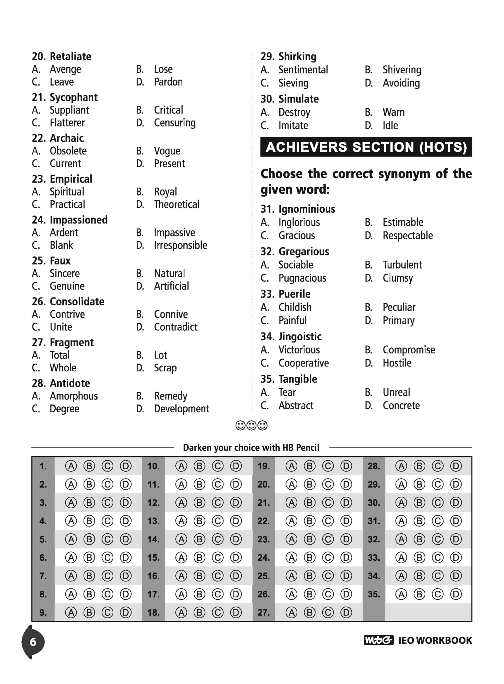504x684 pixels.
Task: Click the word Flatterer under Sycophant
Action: click(x=67, y=123)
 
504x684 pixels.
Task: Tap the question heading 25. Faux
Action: click(x=51, y=261)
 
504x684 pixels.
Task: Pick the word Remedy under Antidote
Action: click(x=171, y=396)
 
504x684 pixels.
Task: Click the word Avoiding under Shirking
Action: click(x=401, y=83)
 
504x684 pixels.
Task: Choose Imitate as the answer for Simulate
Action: click(x=293, y=126)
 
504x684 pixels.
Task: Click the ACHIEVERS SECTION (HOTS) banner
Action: click(x=366, y=147)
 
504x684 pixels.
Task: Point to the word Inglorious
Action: click(x=299, y=223)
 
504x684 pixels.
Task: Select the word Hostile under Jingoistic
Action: click(x=397, y=363)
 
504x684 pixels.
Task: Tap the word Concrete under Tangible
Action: click(x=401, y=405)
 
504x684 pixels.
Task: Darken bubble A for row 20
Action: click(x=291, y=484)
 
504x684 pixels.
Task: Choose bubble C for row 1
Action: click(x=107, y=466)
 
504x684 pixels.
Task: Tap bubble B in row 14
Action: click(x=199, y=539)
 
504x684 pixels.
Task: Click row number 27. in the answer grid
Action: click(x=263, y=612)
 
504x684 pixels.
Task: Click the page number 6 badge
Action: click(x=33, y=642)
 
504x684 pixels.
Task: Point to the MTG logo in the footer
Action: click(x=379, y=640)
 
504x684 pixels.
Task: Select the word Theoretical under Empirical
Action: click(x=177, y=204)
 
